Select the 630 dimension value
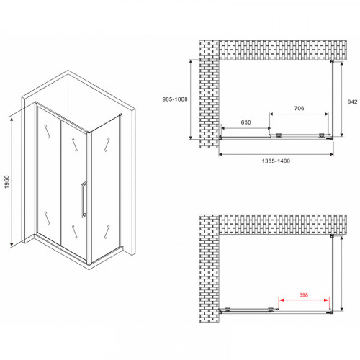(x=246, y=123)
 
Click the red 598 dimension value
(x=303, y=294)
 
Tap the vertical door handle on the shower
(x=85, y=199)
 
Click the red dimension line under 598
(x=303, y=300)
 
